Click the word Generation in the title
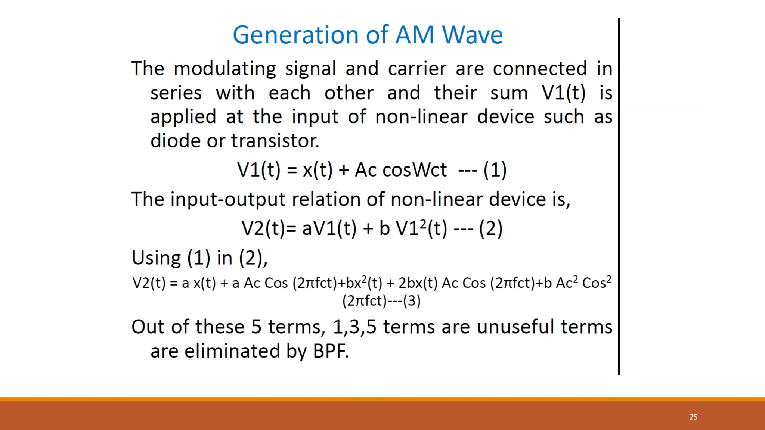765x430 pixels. pyautogui.click(x=295, y=35)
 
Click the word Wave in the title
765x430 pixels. pyautogui.click(x=473, y=35)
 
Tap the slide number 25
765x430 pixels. pyautogui.click(x=693, y=417)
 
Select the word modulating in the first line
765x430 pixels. pyautogui.click(x=224, y=69)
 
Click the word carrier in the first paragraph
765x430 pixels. pyautogui.click(x=417, y=69)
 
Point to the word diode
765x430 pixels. pyautogui.click(x=176, y=141)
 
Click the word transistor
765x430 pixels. pyautogui.click(x=275, y=141)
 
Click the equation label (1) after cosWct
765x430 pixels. pyautogui.click(x=495, y=170)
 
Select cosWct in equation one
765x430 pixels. pyautogui.click(x=415, y=170)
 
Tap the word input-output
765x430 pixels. pyautogui.click(x=228, y=199)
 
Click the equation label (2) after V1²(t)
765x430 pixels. pyautogui.click(x=491, y=228)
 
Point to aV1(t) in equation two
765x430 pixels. pyautogui.click(x=329, y=228)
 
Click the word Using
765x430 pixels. pyautogui.click(x=156, y=258)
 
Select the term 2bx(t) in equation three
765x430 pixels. pyautogui.click(x=418, y=283)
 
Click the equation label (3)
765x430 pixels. pyautogui.click(x=412, y=301)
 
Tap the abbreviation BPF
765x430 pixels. pyautogui.click(x=331, y=351)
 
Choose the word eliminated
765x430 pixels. pyautogui.click(x=232, y=351)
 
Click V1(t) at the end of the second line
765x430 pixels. pyautogui.click(x=563, y=93)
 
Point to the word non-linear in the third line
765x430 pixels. pyautogui.click(x=421, y=117)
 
